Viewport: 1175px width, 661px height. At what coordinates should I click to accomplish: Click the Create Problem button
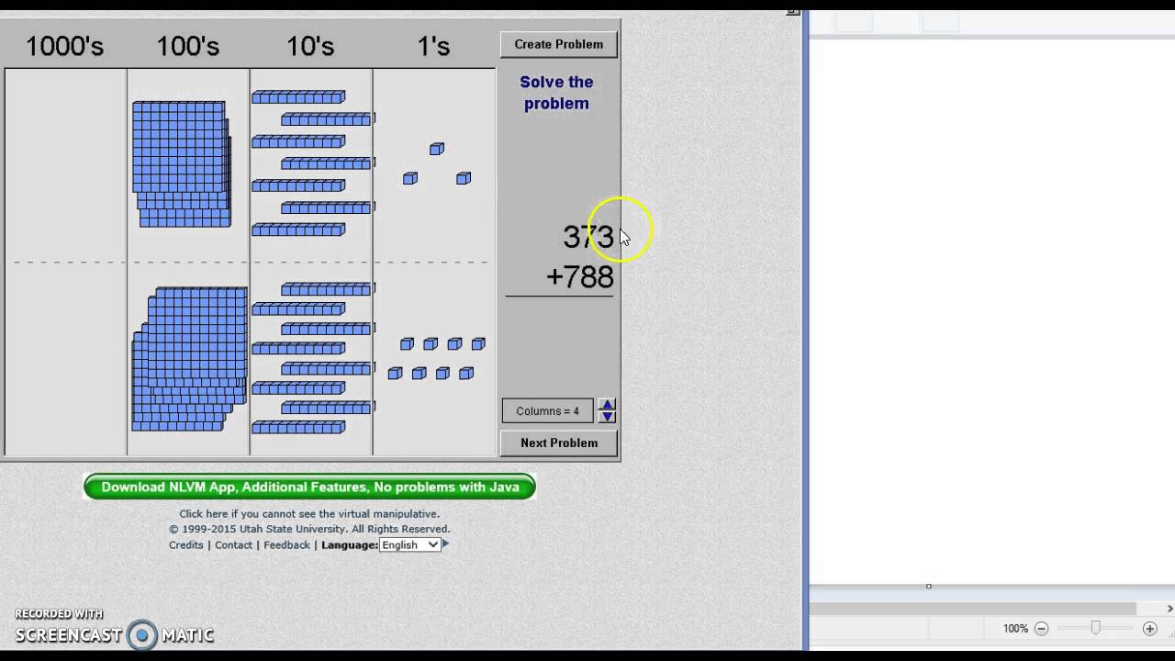[559, 45]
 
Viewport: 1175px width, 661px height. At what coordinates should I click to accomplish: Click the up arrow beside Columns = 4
[608, 405]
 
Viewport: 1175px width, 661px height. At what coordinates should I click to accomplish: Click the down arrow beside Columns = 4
[608, 417]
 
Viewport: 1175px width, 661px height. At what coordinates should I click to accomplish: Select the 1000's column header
[64, 46]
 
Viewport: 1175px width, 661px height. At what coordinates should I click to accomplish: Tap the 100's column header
[188, 46]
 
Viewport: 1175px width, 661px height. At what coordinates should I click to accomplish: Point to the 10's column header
[310, 46]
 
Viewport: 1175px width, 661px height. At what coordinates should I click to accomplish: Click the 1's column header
[433, 46]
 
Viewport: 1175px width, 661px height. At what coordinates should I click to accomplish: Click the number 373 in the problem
[588, 237]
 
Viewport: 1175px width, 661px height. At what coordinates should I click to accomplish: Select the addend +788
[579, 276]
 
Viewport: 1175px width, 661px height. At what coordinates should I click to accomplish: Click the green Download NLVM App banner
[309, 487]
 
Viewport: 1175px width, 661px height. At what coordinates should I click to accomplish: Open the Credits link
[185, 545]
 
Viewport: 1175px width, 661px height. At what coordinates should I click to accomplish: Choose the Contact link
[233, 545]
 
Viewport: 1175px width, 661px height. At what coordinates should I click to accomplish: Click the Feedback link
[286, 545]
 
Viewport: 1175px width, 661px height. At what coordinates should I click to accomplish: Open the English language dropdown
[410, 545]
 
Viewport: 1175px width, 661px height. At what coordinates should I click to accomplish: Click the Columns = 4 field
[548, 410]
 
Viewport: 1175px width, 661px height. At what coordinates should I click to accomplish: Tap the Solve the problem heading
[556, 93]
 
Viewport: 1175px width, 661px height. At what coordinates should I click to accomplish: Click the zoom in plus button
[1150, 629]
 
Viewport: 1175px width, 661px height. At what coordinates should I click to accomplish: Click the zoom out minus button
[1041, 629]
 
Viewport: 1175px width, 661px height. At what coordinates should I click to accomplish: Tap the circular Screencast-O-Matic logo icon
[141, 634]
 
